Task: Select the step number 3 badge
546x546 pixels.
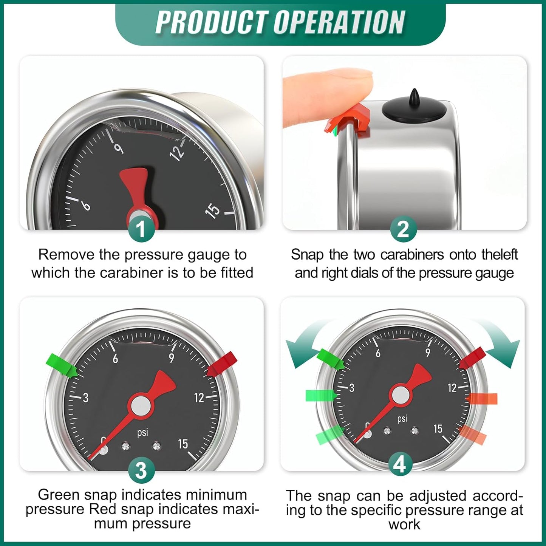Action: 141,470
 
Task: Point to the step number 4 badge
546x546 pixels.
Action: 400,464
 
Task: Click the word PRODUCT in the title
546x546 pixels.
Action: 211,23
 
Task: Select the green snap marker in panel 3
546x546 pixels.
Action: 62,365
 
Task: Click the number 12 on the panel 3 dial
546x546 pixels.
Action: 199,398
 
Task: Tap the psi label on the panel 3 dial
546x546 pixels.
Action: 142,432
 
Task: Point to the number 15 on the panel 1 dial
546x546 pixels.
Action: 212,210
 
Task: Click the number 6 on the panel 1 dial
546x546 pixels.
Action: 86,205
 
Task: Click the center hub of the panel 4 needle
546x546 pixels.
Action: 401,395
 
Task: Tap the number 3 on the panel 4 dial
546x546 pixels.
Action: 351,388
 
